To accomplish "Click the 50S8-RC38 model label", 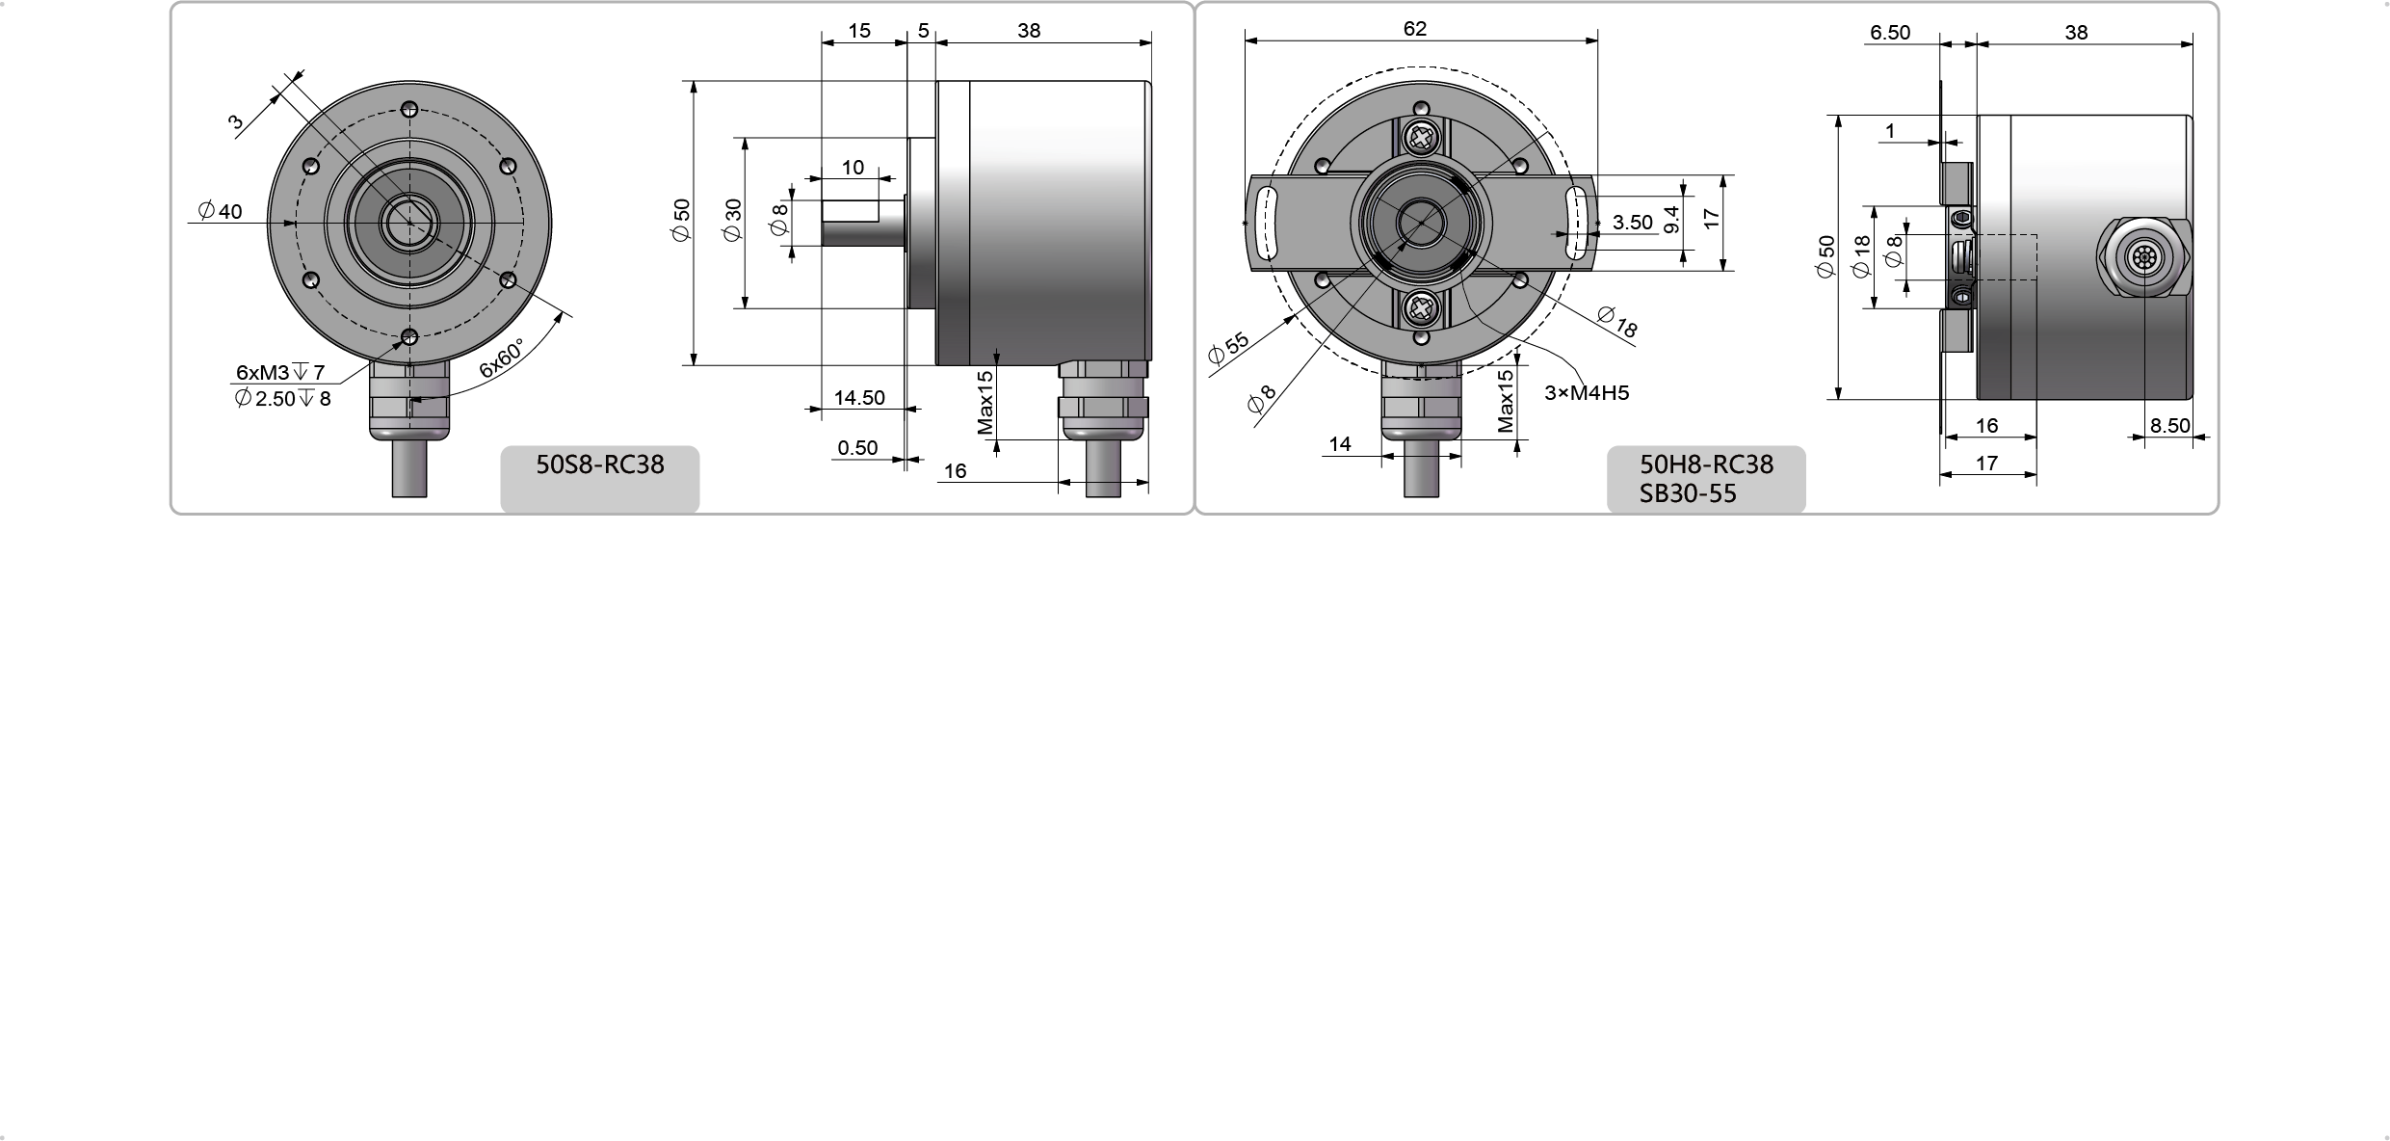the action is pos(599,464).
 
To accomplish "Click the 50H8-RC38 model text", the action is pos(1706,464).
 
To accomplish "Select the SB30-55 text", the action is pos(1688,493).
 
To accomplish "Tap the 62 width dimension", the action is pos(1414,29).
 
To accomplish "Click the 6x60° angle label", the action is pos(502,358).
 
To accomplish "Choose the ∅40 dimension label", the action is pos(220,211).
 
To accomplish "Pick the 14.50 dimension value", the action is pos(859,397).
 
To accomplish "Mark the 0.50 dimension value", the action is pos(857,447).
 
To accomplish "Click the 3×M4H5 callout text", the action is pos(1587,393).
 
